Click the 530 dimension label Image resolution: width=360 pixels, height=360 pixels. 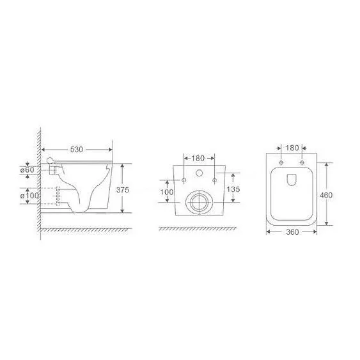tap(77, 150)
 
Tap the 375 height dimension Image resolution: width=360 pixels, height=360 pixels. tap(123, 190)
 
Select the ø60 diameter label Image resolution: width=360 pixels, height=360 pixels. tap(27, 170)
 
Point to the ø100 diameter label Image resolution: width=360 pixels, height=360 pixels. tap(29, 196)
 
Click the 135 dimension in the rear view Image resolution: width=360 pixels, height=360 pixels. tap(233, 189)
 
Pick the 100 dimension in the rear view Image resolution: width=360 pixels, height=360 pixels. tap(167, 192)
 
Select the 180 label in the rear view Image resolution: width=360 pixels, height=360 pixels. tap(198, 158)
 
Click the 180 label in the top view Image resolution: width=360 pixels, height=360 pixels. tap(292, 148)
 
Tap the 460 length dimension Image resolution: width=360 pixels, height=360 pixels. tap(326, 196)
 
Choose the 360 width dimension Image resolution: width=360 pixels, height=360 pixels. tap(292, 232)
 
